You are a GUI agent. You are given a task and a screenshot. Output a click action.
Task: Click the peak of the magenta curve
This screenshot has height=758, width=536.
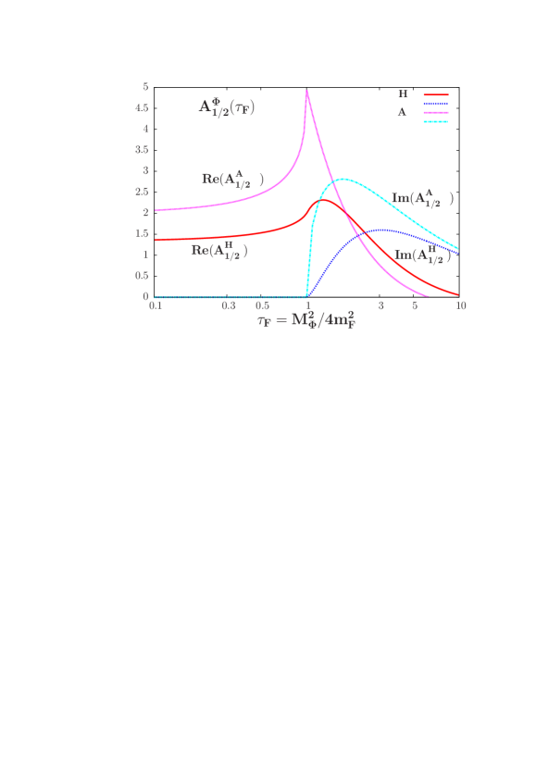306,91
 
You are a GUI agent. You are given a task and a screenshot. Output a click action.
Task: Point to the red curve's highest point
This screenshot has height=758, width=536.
325,200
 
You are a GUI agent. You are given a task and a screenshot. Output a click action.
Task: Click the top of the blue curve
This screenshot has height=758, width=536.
380,230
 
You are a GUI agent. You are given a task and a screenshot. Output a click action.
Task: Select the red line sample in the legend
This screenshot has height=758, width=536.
436,94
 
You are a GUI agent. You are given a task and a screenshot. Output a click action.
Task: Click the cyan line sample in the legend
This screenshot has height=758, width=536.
436,121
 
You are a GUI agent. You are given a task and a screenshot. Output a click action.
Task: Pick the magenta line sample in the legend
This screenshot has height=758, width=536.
436,112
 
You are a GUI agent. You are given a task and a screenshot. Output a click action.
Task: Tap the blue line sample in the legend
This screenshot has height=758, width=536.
436,104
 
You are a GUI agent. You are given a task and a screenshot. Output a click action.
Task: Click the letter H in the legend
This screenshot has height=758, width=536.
403,94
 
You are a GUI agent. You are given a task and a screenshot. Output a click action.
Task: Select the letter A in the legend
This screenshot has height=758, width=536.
402,112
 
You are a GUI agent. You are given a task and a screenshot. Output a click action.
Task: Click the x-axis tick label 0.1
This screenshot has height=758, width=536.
156,305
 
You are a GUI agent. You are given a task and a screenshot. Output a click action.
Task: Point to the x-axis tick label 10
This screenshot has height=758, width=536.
460,305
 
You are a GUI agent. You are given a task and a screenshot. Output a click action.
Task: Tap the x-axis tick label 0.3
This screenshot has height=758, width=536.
229,305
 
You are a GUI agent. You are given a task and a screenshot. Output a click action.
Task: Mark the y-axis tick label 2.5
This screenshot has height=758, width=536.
142,192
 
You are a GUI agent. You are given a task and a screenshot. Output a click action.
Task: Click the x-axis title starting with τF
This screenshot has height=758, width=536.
306,321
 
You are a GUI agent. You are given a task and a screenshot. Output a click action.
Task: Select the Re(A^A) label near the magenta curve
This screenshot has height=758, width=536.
232,179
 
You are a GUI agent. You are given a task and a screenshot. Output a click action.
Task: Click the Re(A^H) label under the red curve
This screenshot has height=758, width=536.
219,249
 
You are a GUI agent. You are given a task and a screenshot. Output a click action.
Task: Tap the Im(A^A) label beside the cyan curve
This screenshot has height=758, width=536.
422,197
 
